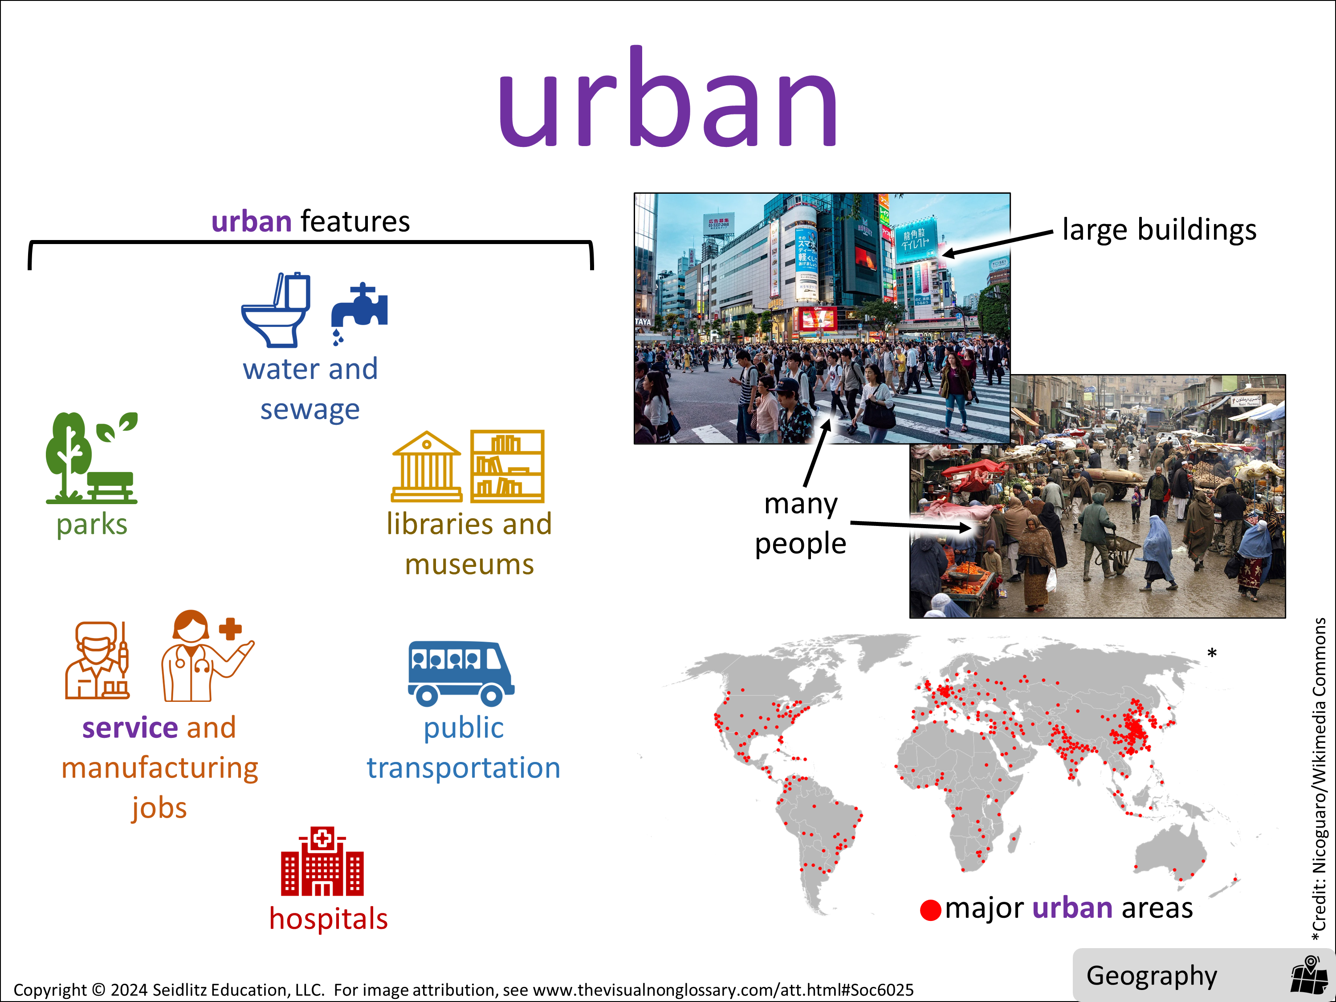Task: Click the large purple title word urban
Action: pyautogui.click(x=668, y=97)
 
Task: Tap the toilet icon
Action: pyautogui.click(x=276, y=310)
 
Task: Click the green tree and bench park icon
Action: pyautogui.click(x=92, y=458)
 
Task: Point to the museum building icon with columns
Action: pyautogui.click(x=427, y=466)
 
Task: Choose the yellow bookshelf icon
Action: pyautogui.click(x=507, y=466)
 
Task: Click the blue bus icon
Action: pyautogui.click(x=461, y=673)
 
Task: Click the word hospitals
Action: pyautogui.click(x=329, y=919)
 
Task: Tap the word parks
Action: pyautogui.click(x=92, y=524)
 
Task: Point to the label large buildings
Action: pyautogui.click(x=1159, y=230)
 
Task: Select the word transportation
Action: pyautogui.click(x=463, y=768)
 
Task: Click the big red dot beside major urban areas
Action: pyautogui.click(x=930, y=909)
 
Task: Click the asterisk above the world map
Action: pyautogui.click(x=1212, y=653)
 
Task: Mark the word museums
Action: pyautogui.click(x=469, y=565)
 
